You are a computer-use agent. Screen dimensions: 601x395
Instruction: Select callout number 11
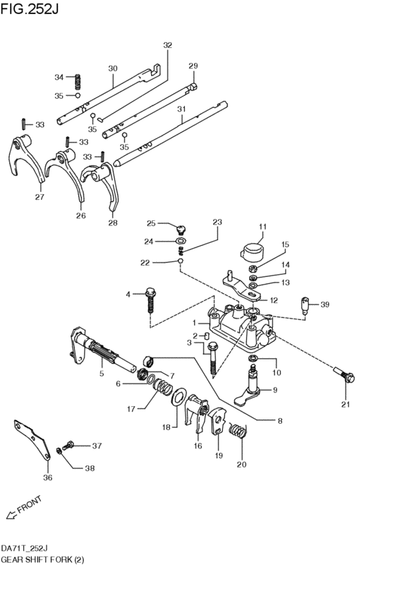pyautogui.click(x=261, y=227)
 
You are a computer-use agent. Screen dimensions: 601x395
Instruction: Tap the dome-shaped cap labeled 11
pyautogui.click(x=250, y=252)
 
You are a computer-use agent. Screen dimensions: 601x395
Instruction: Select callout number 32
pyautogui.click(x=167, y=45)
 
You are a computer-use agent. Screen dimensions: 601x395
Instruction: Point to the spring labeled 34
pyautogui.click(x=80, y=81)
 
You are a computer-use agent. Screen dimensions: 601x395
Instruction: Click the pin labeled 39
pyautogui.click(x=305, y=307)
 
